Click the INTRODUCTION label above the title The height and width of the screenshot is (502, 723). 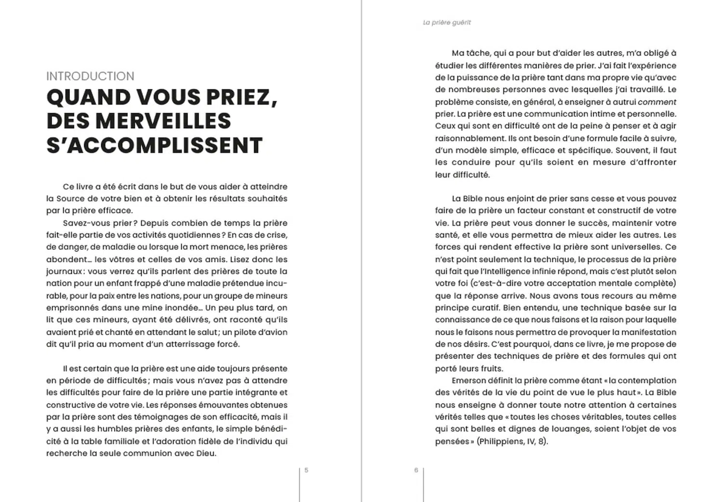[x=90, y=76]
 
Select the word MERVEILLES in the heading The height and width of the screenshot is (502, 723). [x=163, y=121]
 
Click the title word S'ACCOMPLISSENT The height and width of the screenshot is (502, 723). [x=154, y=145]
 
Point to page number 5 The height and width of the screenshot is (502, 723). [x=307, y=470]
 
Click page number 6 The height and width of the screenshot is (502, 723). [x=416, y=470]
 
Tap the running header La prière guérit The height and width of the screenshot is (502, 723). [x=447, y=23]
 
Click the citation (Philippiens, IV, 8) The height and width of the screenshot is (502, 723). [x=512, y=441]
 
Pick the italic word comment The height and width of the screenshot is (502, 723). [x=657, y=102]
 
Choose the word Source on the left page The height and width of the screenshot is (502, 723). [x=70, y=199]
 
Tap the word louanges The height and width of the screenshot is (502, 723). [x=579, y=429]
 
